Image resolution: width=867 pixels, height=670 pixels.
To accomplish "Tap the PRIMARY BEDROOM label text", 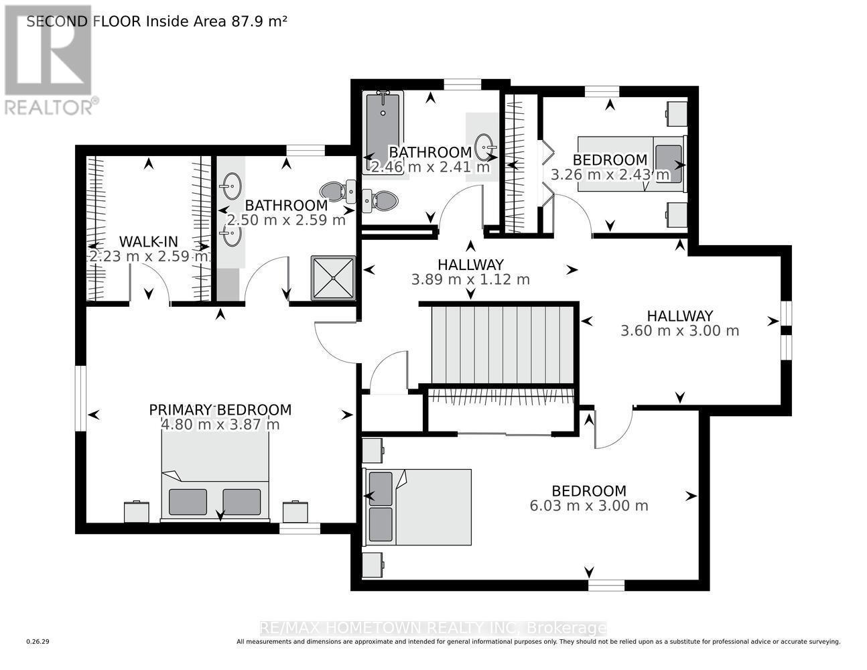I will pyautogui.click(x=220, y=410).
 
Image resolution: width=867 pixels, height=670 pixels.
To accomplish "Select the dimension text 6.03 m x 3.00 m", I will pyautogui.click(x=589, y=506).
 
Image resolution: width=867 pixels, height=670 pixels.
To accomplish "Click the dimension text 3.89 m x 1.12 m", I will pyautogui.click(x=470, y=279).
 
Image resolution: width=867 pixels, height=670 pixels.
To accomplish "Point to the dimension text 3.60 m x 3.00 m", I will pyautogui.click(x=679, y=331).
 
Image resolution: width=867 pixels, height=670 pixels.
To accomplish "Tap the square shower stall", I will pyautogui.click(x=333, y=278).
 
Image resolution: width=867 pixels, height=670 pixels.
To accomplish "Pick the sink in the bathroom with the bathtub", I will pyautogui.click(x=485, y=145).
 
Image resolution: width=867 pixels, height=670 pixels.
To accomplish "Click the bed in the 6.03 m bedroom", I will pyautogui.click(x=417, y=507).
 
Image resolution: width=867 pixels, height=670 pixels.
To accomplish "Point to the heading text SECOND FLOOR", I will pyautogui.click(x=84, y=21).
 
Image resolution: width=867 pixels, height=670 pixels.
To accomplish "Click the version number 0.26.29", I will pyautogui.click(x=38, y=642).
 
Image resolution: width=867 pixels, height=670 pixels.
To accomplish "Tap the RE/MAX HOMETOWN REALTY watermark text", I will pyautogui.click(x=432, y=628).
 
